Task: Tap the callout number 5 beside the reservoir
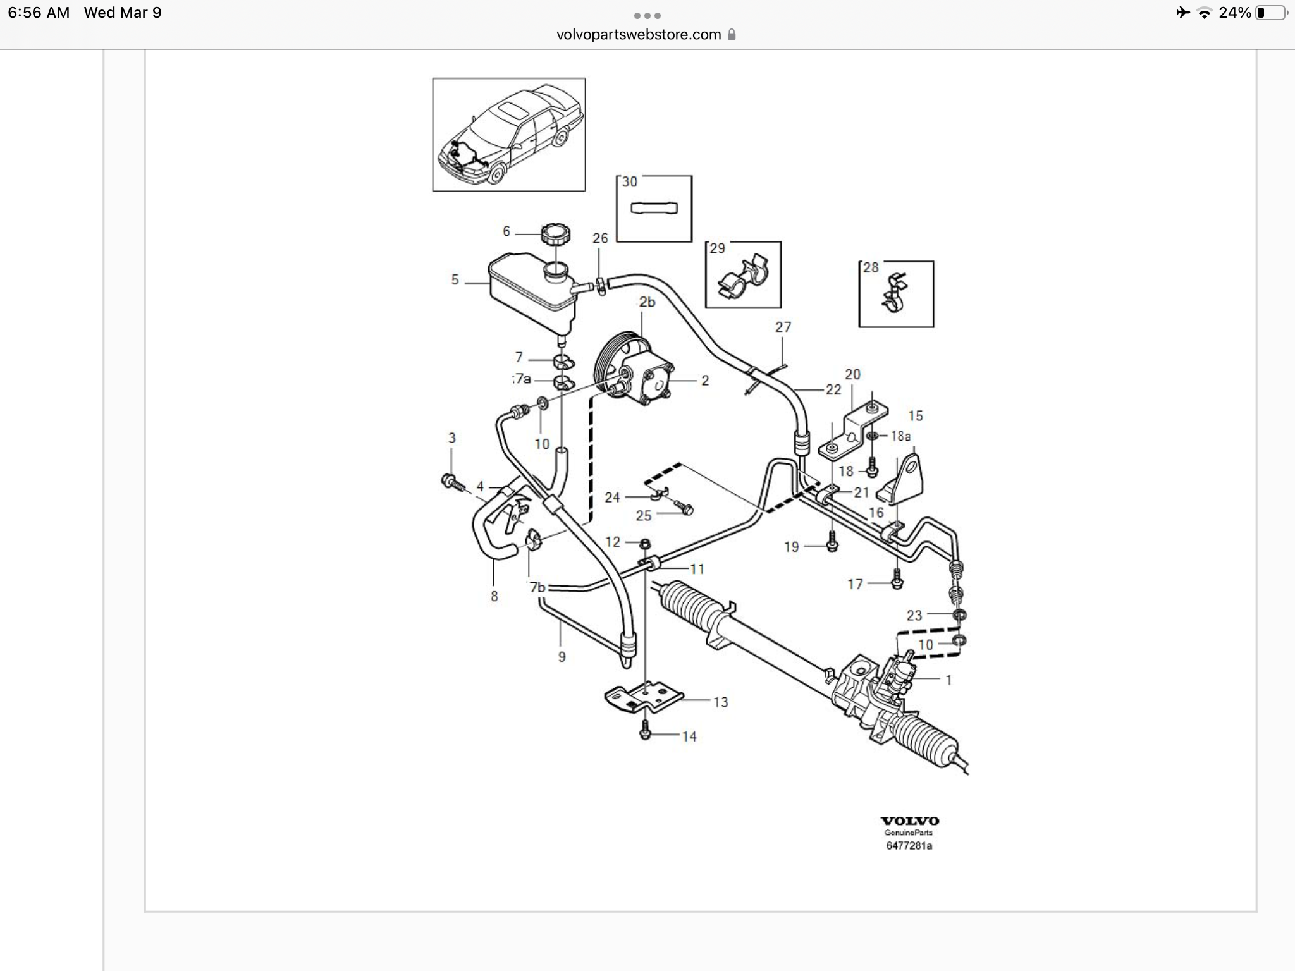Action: pos(455,280)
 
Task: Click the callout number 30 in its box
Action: pos(630,182)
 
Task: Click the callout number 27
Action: pos(783,327)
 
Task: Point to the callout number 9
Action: pos(562,657)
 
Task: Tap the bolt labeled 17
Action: pos(897,580)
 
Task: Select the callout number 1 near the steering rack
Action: pos(948,680)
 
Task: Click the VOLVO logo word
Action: pos(910,821)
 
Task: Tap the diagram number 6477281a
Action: pos(909,846)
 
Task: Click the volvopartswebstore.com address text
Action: pos(639,35)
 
